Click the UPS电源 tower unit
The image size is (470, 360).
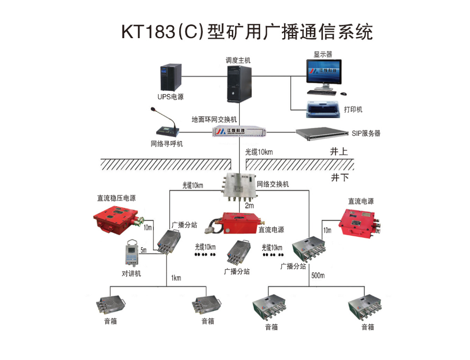coord(171,77)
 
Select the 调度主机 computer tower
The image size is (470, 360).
coord(238,83)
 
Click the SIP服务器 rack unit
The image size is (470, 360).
coord(321,134)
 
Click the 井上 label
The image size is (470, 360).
coord(338,152)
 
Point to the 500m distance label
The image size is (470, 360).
coord(318,275)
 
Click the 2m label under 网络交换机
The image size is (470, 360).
coord(249,206)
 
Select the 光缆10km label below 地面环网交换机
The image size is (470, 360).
coord(258,152)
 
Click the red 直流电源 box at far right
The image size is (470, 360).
coord(360,223)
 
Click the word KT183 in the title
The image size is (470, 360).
coord(148,32)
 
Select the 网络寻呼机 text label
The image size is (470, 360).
coord(167,144)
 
